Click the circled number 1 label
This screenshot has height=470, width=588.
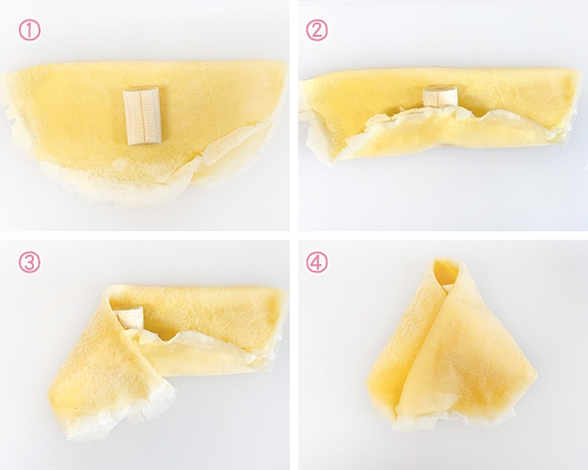coord(29,30)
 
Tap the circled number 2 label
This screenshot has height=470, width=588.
coord(317,30)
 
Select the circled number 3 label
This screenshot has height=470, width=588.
coord(29,262)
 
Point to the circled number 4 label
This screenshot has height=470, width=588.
coord(317,262)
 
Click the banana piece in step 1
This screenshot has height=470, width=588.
coord(142,116)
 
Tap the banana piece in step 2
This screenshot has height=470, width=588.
coord(440,97)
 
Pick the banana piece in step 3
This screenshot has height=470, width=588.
coord(130,318)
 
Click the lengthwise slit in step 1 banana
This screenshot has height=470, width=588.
coord(141,116)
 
